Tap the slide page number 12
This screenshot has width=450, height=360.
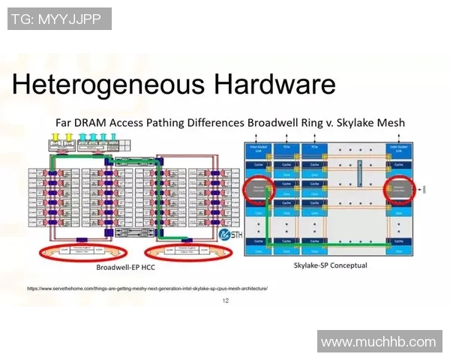click(225, 301)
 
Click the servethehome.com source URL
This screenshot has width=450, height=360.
click(147, 288)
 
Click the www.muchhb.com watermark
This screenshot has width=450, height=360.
click(378, 342)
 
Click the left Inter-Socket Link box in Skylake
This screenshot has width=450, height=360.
click(258, 149)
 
